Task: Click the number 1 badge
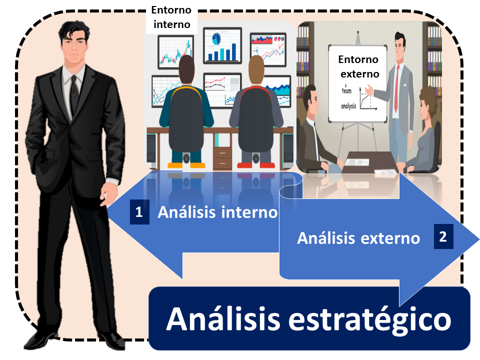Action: point(139,212)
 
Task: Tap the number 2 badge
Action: point(443,236)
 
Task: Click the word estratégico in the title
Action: point(370,320)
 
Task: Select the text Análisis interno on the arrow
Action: point(217,212)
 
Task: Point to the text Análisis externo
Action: point(358,238)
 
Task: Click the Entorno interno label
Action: point(171,17)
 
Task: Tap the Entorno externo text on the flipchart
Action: point(359,66)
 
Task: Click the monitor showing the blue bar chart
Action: point(222,45)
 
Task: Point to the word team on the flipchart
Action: point(347,90)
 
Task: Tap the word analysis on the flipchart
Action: point(348,106)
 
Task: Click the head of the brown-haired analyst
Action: point(256,70)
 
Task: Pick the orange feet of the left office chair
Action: point(186,165)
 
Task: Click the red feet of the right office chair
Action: point(256,165)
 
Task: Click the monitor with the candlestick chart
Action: point(176,52)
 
